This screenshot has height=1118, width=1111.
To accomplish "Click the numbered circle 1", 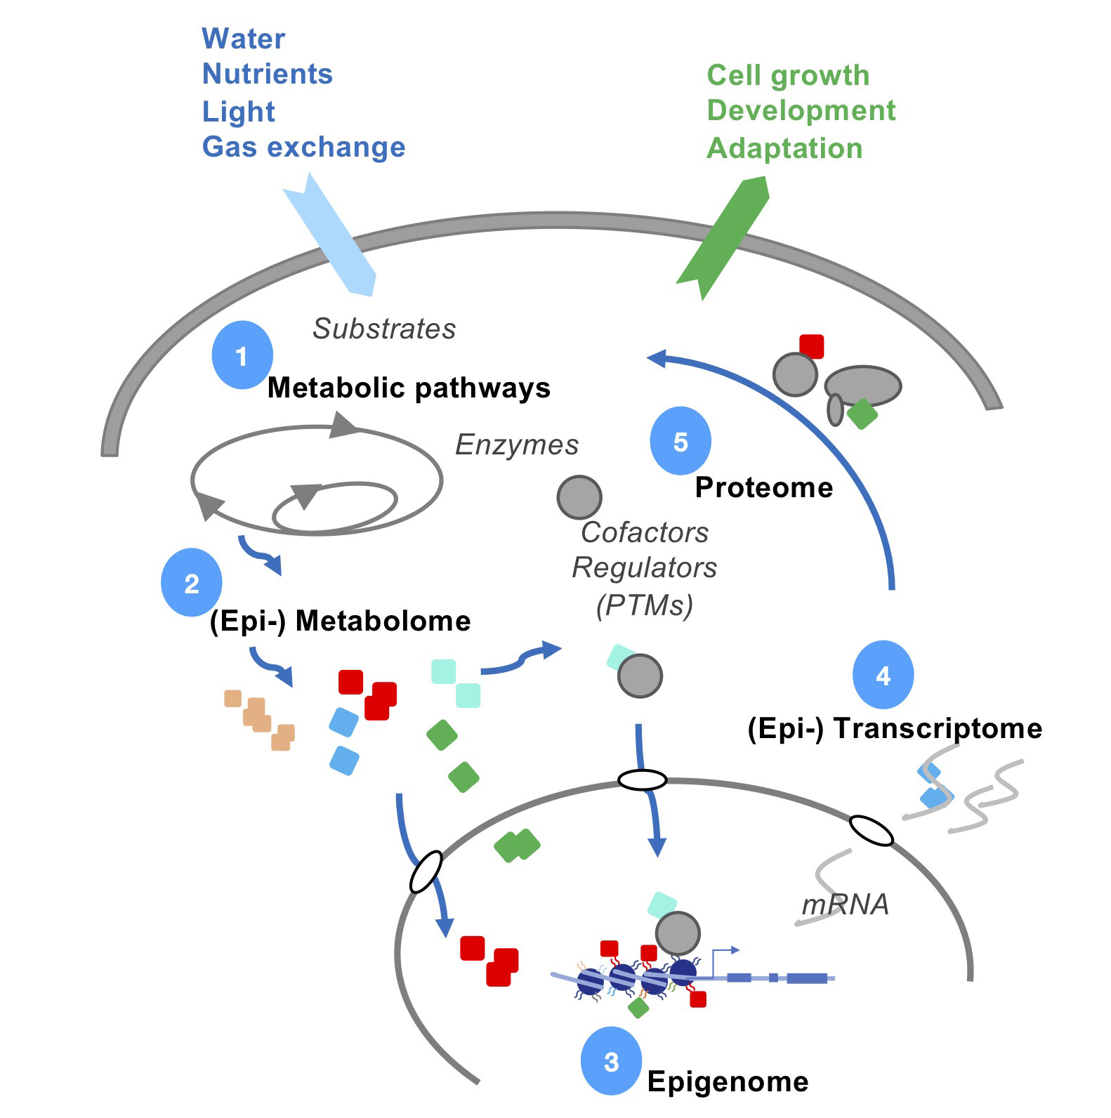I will [x=242, y=355].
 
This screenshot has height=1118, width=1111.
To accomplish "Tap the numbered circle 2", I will [x=192, y=583].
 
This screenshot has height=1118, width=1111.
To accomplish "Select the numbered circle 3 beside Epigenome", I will [x=611, y=1061].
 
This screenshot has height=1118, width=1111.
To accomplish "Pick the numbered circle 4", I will [x=883, y=675].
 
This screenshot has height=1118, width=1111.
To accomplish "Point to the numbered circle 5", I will [x=681, y=441].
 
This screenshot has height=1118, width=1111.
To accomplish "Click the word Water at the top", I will [x=244, y=39].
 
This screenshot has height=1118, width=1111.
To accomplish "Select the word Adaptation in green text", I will [x=784, y=148].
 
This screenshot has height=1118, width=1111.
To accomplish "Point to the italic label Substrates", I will [x=384, y=329].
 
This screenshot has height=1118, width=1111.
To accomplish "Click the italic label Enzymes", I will [x=517, y=445].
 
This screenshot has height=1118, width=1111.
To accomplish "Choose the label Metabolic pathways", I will [x=409, y=388].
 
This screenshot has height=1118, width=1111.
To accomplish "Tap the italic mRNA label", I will [x=846, y=905].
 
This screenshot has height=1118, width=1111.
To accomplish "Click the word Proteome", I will [x=764, y=487].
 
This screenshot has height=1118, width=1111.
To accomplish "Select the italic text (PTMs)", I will [x=645, y=605].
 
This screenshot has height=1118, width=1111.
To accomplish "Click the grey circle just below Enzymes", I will [x=579, y=497].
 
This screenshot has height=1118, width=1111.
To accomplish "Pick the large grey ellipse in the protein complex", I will [x=862, y=386].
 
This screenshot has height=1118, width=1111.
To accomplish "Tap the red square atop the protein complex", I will [x=812, y=346].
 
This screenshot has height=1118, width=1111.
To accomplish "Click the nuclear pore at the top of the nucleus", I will [x=642, y=780].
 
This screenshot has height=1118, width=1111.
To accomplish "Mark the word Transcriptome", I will [x=938, y=728].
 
